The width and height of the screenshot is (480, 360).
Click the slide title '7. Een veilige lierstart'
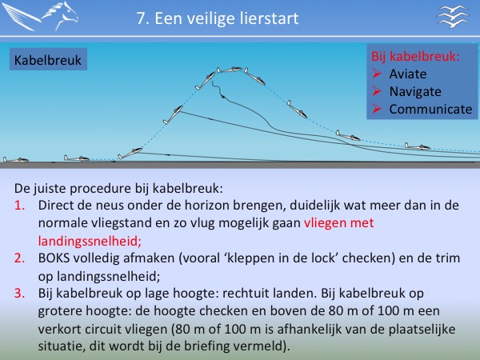pyautogui.click(x=218, y=18)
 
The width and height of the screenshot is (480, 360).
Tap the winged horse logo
pyautogui.click(x=41, y=16)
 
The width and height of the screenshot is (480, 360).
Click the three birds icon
pyautogui.click(x=453, y=17)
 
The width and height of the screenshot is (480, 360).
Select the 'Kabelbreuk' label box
pyautogui.click(x=48, y=59)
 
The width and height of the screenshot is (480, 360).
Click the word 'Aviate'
pyautogui.click(x=408, y=74)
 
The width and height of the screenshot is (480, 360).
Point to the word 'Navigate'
pyautogui.click(x=415, y=91)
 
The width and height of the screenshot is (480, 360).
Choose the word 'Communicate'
pyautogui.click(x=430, y=110)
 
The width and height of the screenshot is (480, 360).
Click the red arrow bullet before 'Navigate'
pyautogui.click(x=377, y=91)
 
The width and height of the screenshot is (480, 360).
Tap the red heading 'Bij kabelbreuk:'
pyautogui.click(x=415, y=56)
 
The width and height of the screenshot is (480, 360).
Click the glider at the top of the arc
pyautogui.click(x=230, y=70)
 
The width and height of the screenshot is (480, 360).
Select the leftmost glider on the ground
pyautogui.click(x=16, y=159)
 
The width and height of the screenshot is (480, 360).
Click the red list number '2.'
pyautogui.click(x=19, y=258)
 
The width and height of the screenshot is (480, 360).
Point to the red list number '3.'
pyautogui.click(x=19, y=294)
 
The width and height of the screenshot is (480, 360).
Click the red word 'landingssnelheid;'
pyautogui.click(x=90, y=242)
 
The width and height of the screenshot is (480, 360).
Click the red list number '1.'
pyautogui.click(x=19, y=206)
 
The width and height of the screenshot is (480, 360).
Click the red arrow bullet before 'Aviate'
pyautogui.click(x=377, y=74)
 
